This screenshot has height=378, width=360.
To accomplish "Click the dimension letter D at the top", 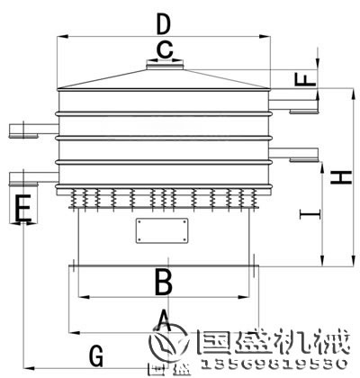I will point(162,22).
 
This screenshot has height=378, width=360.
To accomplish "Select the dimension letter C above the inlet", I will point(164,49).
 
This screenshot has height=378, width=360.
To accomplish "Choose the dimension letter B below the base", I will point(162,282).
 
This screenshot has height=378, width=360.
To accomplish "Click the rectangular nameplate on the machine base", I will point(163,231).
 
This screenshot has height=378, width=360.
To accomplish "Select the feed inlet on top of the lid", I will point(164,64).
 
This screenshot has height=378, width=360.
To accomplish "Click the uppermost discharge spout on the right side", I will point(302,111).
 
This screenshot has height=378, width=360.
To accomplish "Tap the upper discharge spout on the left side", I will point(24,131).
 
